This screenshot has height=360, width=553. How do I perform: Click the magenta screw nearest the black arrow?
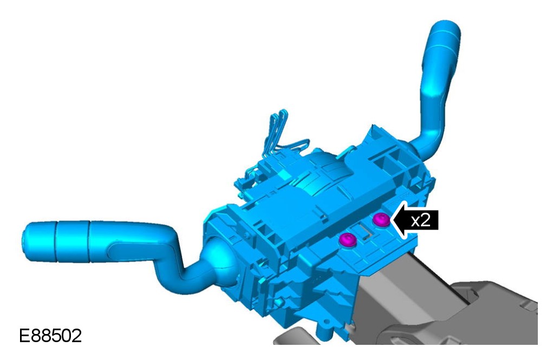click(x=381, y=220)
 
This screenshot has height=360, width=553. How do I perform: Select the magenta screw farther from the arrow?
click(x=347, y=240)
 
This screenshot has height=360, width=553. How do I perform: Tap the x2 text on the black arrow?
click(x=421, y=220)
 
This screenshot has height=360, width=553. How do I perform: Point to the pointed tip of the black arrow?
click(x=391, y=220)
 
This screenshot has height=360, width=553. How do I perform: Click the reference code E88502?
click(x=50, y=336)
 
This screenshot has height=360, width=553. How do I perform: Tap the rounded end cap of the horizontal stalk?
click(x=39, y=242)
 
